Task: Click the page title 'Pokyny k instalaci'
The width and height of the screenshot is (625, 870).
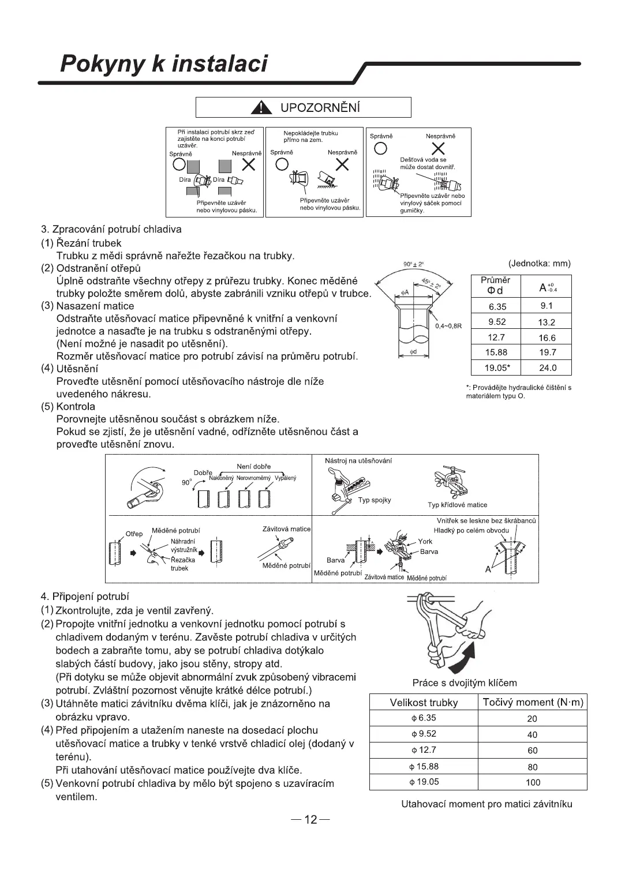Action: [x=164, y=64]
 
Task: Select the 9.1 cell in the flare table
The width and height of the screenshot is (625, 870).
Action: [x=547, y=306]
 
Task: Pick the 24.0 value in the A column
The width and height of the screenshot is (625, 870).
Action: [x=547, y=368]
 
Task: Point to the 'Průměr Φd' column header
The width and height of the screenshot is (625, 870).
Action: [x=496, y=285]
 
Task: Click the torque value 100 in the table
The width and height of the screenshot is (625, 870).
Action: [x=533, y=783]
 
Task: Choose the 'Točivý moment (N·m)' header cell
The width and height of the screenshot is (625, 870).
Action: [x=533, y=703]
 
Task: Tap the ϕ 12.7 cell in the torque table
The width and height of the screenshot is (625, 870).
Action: [x=424, y=751]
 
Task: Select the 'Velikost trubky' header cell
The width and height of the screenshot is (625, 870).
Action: [x=424, y=703]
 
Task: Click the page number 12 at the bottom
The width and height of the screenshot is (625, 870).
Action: [x=311, y=820]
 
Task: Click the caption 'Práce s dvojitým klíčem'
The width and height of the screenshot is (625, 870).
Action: [x=465, y=683]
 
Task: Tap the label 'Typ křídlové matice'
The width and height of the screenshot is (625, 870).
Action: [x=458, y=505]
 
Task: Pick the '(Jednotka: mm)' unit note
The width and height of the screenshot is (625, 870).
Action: [x=540, y=264]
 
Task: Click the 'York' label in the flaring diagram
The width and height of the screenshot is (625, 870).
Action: [x=425, y=541]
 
